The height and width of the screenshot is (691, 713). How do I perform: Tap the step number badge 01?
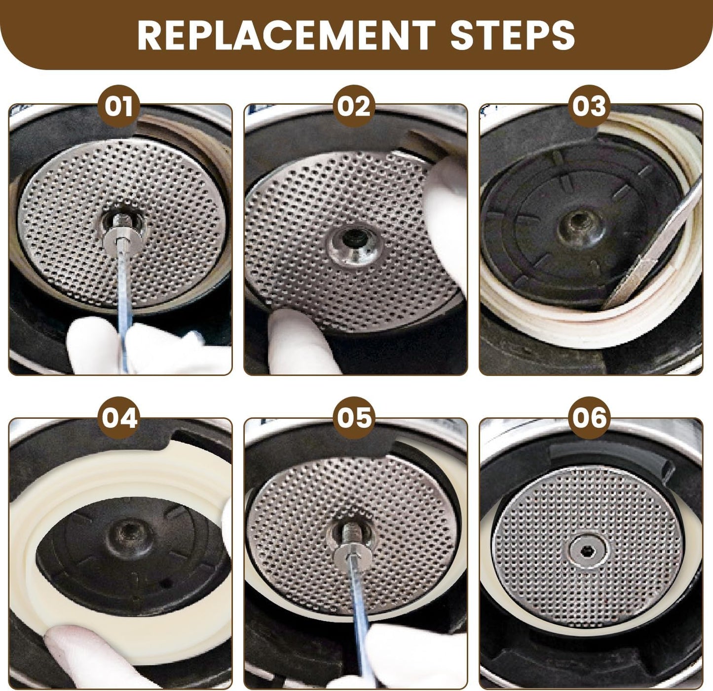(119, 106)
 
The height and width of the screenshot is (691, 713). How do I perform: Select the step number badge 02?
(354, 106)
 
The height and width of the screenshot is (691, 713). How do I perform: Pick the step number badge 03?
(590, 106)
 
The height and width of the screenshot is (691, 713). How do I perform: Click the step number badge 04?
(119, 418)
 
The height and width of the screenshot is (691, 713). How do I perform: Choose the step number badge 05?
(354, 418)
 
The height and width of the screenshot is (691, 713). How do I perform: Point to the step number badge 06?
(590, 418)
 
